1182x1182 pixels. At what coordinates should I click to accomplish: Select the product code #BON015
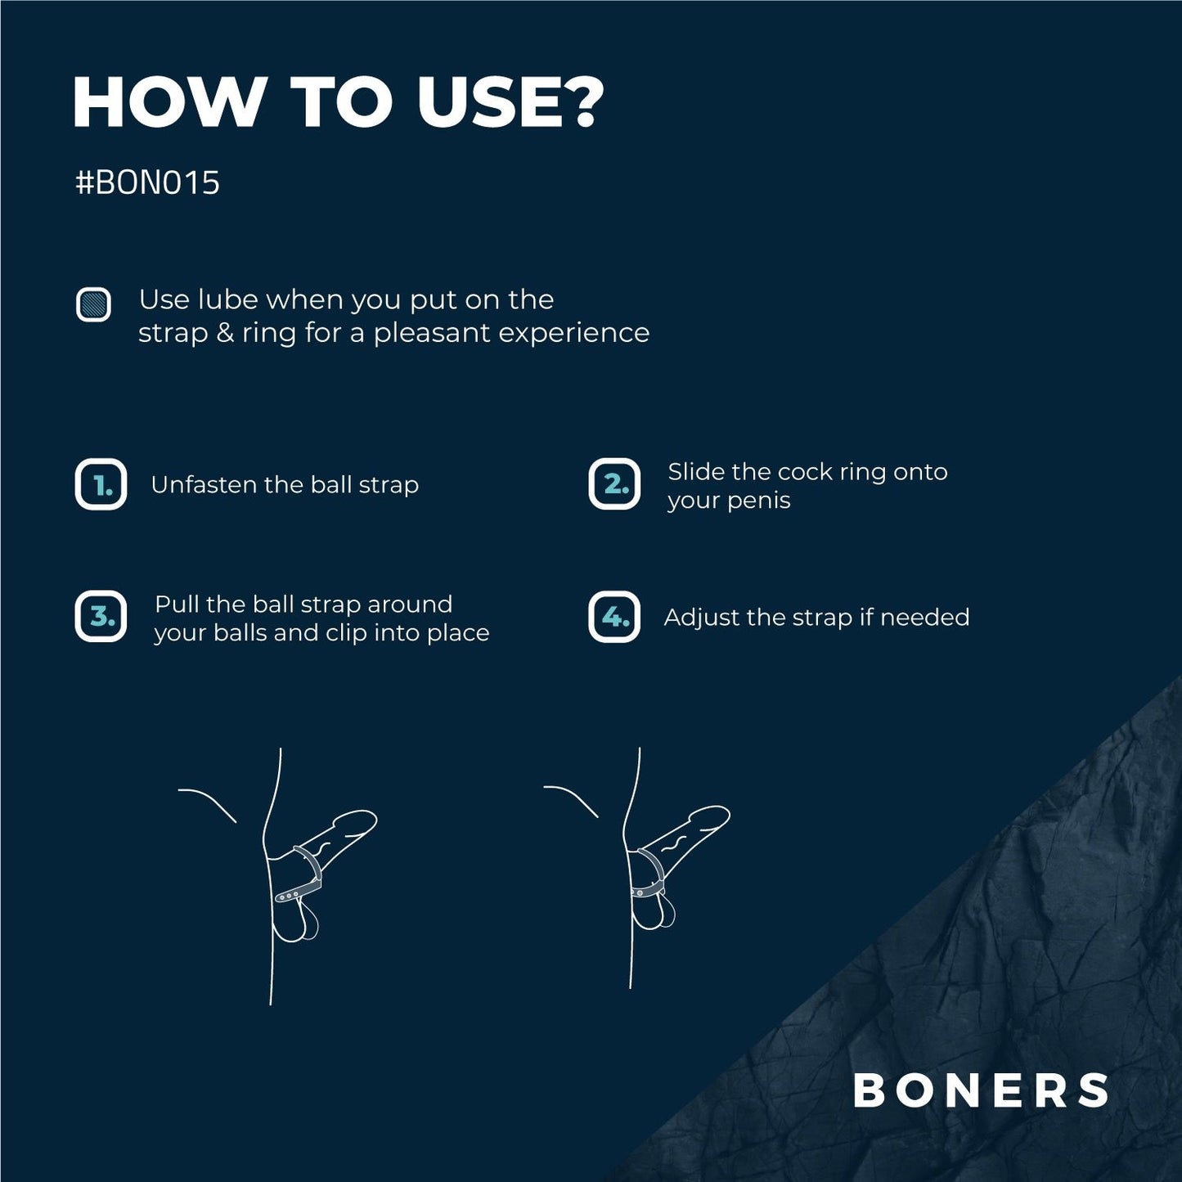147,182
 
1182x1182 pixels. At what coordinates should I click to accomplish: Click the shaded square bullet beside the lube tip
93,304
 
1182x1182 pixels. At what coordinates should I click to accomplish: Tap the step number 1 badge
101,484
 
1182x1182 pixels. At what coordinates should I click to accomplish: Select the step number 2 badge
614,484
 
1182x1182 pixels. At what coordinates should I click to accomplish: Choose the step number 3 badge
101,617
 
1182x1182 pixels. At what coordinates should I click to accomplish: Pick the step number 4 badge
614,617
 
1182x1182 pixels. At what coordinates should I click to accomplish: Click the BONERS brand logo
981,1090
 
